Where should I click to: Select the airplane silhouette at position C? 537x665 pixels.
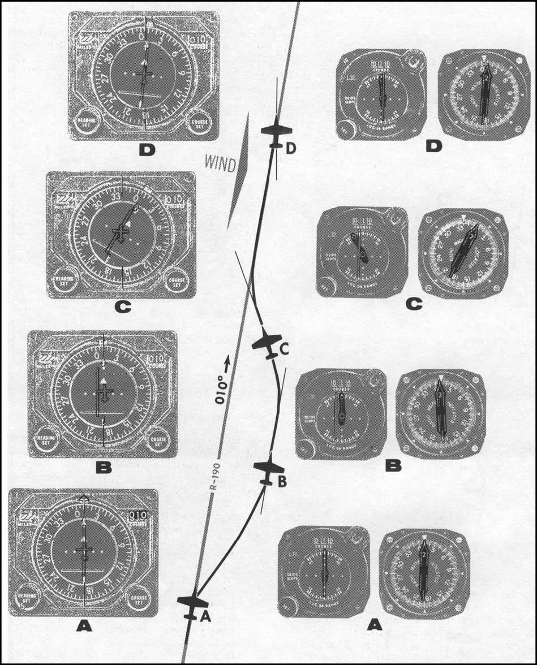267,342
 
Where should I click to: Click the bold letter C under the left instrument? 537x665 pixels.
122,307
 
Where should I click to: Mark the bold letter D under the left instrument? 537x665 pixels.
145,150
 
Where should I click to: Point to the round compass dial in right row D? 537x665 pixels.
483,94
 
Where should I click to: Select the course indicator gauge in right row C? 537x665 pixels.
362,253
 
